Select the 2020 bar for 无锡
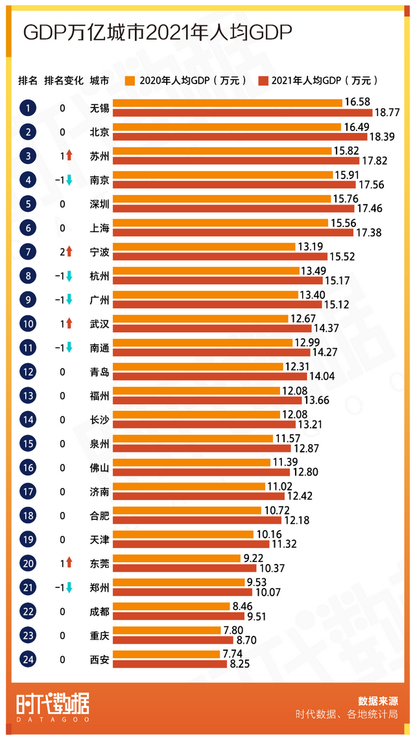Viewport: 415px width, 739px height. click(228, 103)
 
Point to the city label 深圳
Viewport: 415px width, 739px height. click(99, 204)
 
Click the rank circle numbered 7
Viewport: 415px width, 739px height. click(28, 252)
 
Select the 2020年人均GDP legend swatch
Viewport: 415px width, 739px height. click(130, 81)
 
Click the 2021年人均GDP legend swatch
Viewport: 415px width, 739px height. click(263, 81)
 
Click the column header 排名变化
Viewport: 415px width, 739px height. click(64, 81)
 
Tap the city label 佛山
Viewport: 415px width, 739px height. click(99, 467)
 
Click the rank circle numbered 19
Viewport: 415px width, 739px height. click(28, 539)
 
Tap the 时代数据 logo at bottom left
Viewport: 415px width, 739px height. click(52, 705)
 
